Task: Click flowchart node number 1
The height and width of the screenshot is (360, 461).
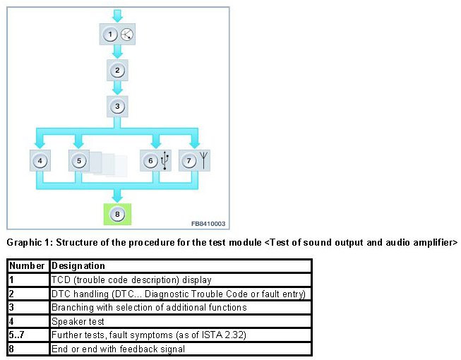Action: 110,34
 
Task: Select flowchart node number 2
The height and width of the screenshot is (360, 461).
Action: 118,71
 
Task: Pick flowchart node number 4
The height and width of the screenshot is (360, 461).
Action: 41,161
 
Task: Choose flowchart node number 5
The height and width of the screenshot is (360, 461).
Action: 80,161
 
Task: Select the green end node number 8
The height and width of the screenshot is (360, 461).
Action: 118,212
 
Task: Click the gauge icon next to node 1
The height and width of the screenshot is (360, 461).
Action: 126,34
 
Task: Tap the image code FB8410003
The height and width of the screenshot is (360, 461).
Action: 208,223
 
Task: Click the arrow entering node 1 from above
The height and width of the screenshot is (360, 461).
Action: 118,15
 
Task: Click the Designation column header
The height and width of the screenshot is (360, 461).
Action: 78,266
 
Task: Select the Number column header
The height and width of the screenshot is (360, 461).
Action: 27,266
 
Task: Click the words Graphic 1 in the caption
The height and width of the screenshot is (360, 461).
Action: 28,242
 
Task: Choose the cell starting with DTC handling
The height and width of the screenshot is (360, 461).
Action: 177,294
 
